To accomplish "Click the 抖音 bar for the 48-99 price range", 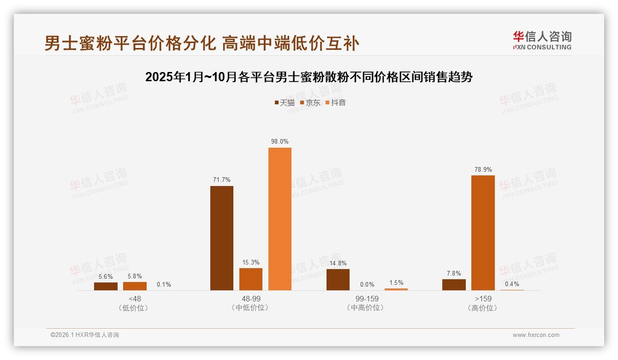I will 280,219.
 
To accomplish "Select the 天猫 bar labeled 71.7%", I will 222,238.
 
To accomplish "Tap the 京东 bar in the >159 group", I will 483,233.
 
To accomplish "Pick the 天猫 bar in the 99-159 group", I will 338,280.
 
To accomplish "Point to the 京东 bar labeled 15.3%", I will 251,279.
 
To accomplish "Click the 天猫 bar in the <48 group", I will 106,286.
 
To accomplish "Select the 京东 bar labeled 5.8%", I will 135,286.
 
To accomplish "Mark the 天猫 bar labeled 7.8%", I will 454,285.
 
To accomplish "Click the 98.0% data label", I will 280,142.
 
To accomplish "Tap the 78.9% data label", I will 483,169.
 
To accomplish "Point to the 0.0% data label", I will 367,284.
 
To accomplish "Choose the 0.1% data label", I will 164,284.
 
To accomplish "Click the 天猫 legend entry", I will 285,102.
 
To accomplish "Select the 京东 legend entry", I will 310,102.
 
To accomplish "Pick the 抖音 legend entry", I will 336,102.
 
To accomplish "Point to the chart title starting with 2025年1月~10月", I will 309,77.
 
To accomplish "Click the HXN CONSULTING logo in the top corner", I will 542,41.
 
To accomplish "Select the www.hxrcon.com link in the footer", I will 536,335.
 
